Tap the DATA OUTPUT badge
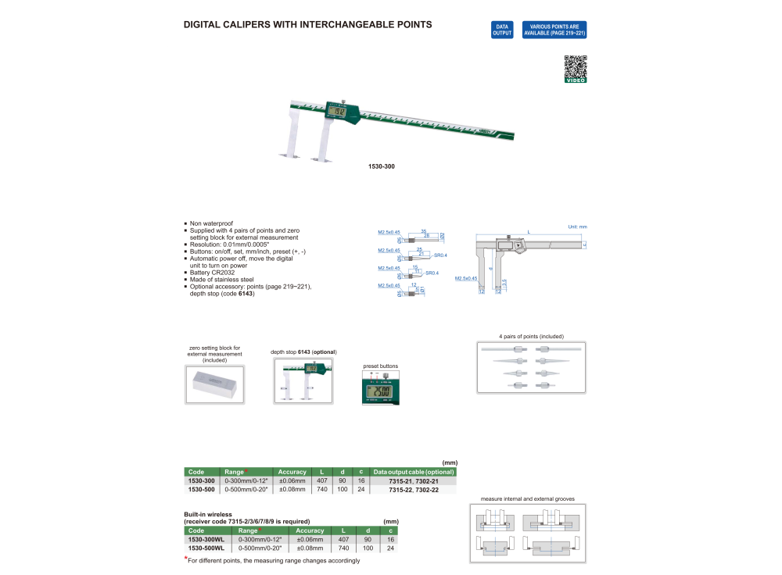pyautogui.click(x=502, y=30)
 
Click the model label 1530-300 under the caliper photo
pyautogui.click(x=381, y=166)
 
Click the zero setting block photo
pyautogui.click(x=214, y=386)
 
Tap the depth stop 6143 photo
pyautogui.click(x=304, y=381)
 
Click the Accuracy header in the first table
pyautogui.click(x=292, y=472)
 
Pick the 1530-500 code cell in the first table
pyautogui.click(x=203, y=490)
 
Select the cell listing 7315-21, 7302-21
pyautogui.click(x=413, y=481)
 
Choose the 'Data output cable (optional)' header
pyautogui.click(x=413, y=472)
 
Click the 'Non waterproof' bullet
pyautogui.click(x=211, y=223)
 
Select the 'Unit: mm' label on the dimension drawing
pyautogui.click(x=577, y=227)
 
